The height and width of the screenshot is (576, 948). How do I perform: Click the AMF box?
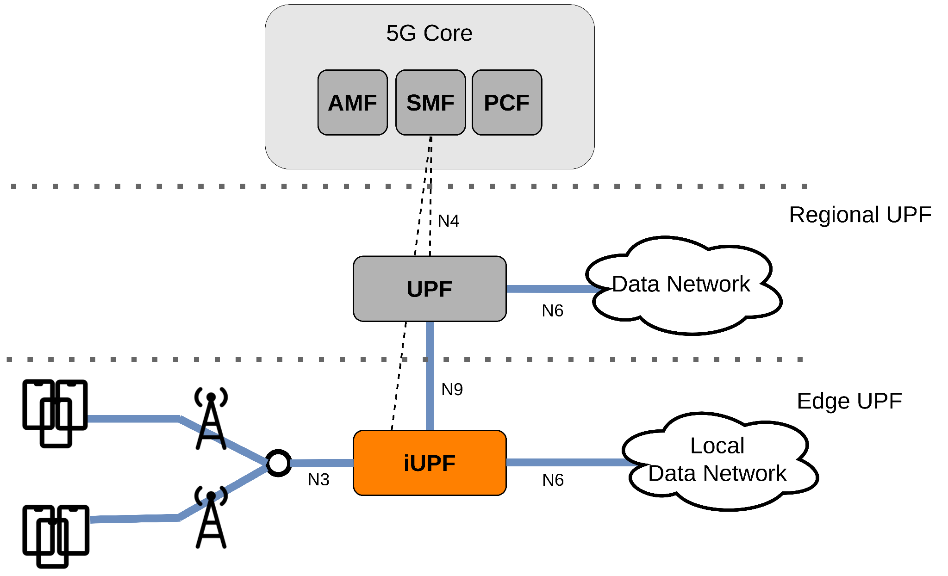point(352,103)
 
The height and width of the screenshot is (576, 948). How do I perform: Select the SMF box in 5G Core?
point(430,103)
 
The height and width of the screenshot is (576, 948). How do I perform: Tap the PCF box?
point(506,103)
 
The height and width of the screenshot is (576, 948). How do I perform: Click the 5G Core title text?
point(429,33)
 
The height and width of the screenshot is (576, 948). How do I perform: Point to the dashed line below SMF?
point(430,153)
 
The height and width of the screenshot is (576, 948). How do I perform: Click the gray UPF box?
point(429,289)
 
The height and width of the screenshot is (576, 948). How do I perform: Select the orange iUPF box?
point(429,463)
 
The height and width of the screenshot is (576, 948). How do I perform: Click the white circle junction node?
point(278,463)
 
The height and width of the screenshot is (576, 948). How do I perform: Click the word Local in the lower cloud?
point(717,446)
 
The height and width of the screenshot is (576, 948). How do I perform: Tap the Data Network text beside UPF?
point(680,284)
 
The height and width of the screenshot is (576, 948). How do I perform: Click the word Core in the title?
point(448,33)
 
